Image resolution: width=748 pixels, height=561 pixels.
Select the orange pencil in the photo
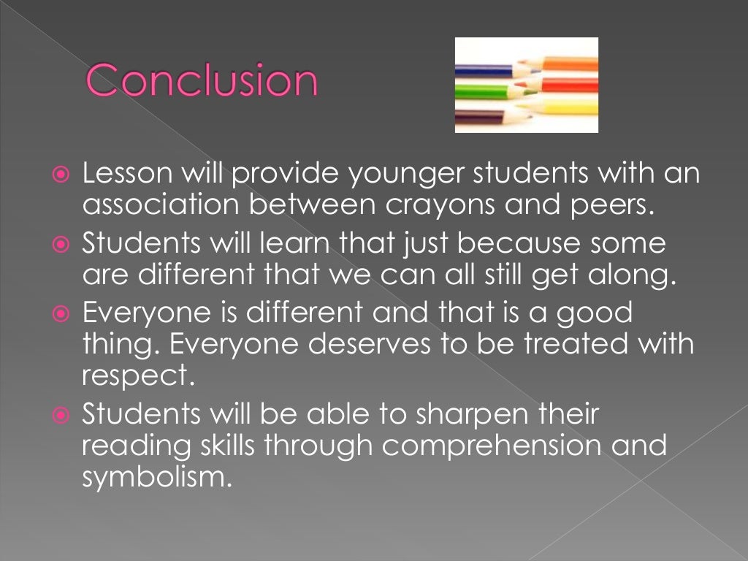tap(570, 64)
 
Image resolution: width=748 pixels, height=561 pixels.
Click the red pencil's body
tap(570, 86)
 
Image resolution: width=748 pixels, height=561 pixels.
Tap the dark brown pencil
tap(478, 115)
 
